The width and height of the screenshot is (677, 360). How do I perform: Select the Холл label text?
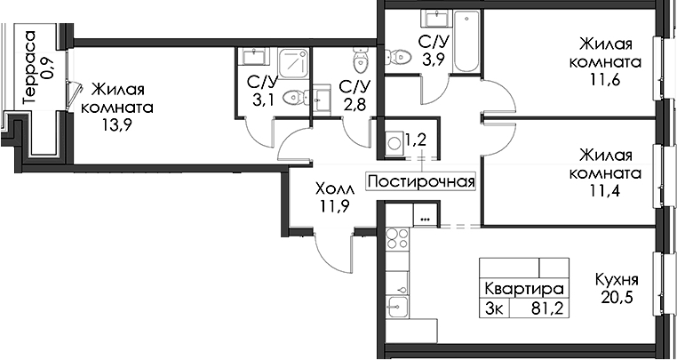[x=335, y=188]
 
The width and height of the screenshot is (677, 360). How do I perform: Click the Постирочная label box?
[x=421, y=181]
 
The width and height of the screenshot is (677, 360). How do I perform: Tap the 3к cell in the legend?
[x=494, y=309]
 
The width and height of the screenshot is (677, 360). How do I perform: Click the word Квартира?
[x=524, y=288]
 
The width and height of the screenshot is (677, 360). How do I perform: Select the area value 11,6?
[x=605, y=80]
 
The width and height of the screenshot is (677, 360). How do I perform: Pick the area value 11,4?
[x=605, y=190]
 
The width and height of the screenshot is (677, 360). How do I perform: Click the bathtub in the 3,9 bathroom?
[x=466, y=42]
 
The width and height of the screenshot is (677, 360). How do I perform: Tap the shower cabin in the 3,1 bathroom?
[x=293, y=63]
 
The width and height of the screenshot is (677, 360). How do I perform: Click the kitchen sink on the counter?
[x=397, y=308]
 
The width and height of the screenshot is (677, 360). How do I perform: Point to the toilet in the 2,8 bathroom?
[x=360, y=60]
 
